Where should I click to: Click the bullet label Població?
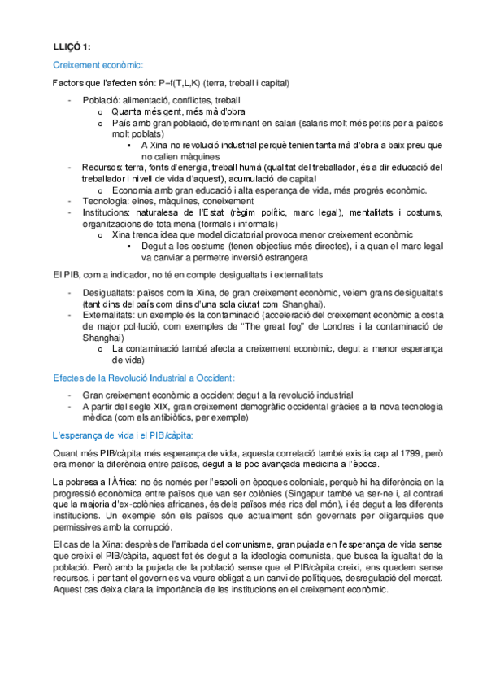[x=101, y=100]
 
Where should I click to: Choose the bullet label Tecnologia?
[x=107, y=201]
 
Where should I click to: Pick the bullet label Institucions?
[x=107, y=212]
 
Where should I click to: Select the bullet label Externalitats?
[x=108, y=313]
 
